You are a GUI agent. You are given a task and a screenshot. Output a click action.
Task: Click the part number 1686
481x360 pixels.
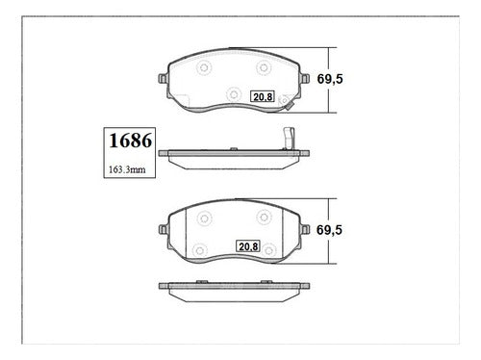[x=130, y=141]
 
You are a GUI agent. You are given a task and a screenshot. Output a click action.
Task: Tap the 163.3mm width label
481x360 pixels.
[x=127, y=169]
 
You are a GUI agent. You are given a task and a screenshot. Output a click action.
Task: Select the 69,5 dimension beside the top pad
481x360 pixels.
[x=330, y=79]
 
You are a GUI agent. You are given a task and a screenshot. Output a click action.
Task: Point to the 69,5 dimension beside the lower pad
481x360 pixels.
[x=329, y=230]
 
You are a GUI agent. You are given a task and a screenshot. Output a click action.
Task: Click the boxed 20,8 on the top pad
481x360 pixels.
[x=263, y=96]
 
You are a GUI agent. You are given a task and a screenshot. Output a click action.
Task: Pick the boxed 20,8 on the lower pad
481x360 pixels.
[x=248, y=246]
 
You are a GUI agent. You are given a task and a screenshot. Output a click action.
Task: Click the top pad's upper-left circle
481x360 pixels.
[x=204, y=67]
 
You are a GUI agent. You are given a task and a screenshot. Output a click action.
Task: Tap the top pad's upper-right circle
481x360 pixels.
[x=264, y=67]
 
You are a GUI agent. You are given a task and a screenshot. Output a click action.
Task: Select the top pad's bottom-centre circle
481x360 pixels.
[x=234, y=94]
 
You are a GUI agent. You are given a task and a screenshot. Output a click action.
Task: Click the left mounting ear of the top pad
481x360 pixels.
[x=163, y=79]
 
